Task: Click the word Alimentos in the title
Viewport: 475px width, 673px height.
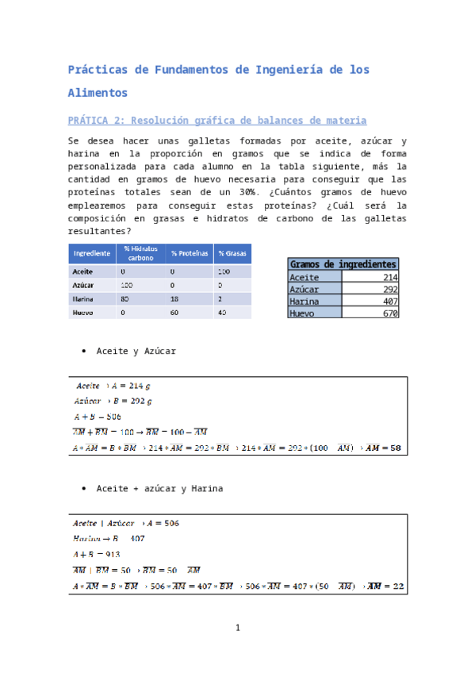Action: [98, 93]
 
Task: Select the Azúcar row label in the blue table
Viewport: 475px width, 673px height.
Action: [83, 284]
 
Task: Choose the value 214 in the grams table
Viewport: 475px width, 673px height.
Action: [389, 277]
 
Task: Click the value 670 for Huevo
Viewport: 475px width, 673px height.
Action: [389, 313]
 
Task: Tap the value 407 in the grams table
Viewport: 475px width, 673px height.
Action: [389, 302]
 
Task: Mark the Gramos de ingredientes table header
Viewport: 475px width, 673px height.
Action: [343, 264]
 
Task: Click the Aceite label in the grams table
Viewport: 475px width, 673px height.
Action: [305, 277]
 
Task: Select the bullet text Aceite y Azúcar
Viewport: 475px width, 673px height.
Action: [136, 351]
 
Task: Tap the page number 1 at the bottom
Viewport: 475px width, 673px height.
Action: [237, 629]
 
